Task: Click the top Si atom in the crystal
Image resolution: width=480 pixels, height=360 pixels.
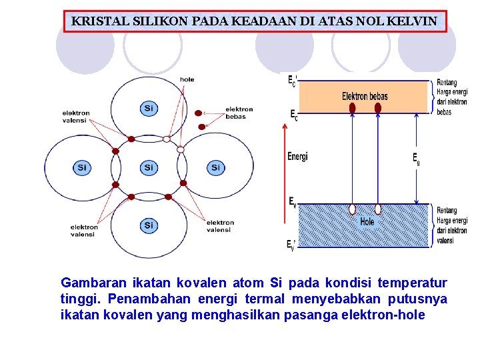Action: [149, 108]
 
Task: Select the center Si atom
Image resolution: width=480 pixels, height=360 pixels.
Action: [149, 167]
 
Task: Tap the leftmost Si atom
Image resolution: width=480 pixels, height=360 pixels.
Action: [82, 167]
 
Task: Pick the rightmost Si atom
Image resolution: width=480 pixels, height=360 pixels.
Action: [215, 167]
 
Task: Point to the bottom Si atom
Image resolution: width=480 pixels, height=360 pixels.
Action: [149, 225]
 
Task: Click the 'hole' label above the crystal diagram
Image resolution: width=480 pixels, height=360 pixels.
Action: [187, 79]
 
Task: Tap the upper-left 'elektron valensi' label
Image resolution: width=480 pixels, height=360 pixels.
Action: [76, 116]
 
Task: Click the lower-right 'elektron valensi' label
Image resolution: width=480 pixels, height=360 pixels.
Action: [220, 226]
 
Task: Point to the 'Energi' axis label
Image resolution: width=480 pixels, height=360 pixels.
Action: [297, 157]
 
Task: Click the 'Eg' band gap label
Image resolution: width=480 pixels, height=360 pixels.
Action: [417, 159]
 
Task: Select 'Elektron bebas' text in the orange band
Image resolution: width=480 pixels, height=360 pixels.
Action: [365, 96]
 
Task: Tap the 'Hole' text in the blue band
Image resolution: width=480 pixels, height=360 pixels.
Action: [367, 221]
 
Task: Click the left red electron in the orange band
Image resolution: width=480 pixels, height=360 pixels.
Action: [353, 108]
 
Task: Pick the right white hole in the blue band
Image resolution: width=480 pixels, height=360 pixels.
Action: [378, 209]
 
